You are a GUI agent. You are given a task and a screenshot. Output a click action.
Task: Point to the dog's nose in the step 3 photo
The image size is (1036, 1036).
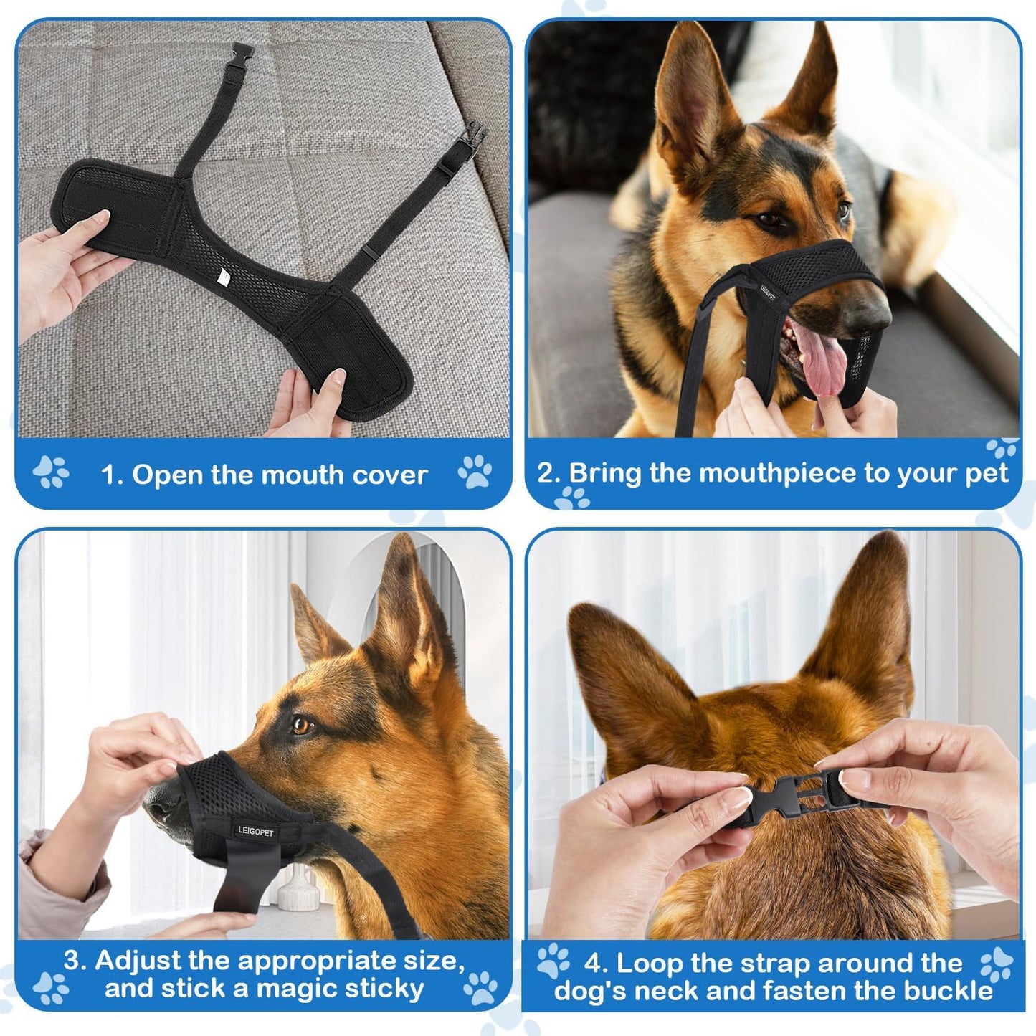tap(159, 808)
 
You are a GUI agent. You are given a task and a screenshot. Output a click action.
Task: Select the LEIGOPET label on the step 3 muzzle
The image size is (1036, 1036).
tap(255, 831)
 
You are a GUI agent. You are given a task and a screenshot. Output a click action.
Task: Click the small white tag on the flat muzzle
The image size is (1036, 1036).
tap(224, 275)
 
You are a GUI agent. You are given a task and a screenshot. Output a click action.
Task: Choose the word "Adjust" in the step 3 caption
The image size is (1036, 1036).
tap(136, 959)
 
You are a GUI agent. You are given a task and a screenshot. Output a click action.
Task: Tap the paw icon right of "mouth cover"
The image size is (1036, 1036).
tap(475, 472)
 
